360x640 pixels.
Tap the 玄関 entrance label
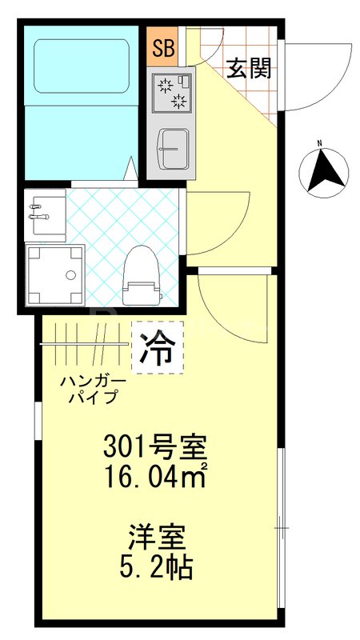click(x=249, y=68)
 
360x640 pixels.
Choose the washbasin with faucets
click(x=43, y=214)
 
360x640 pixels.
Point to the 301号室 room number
click(x=158, y=444)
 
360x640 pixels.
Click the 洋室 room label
click(x=158, y=534)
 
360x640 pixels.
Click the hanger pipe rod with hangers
click(x=84, y=344)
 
